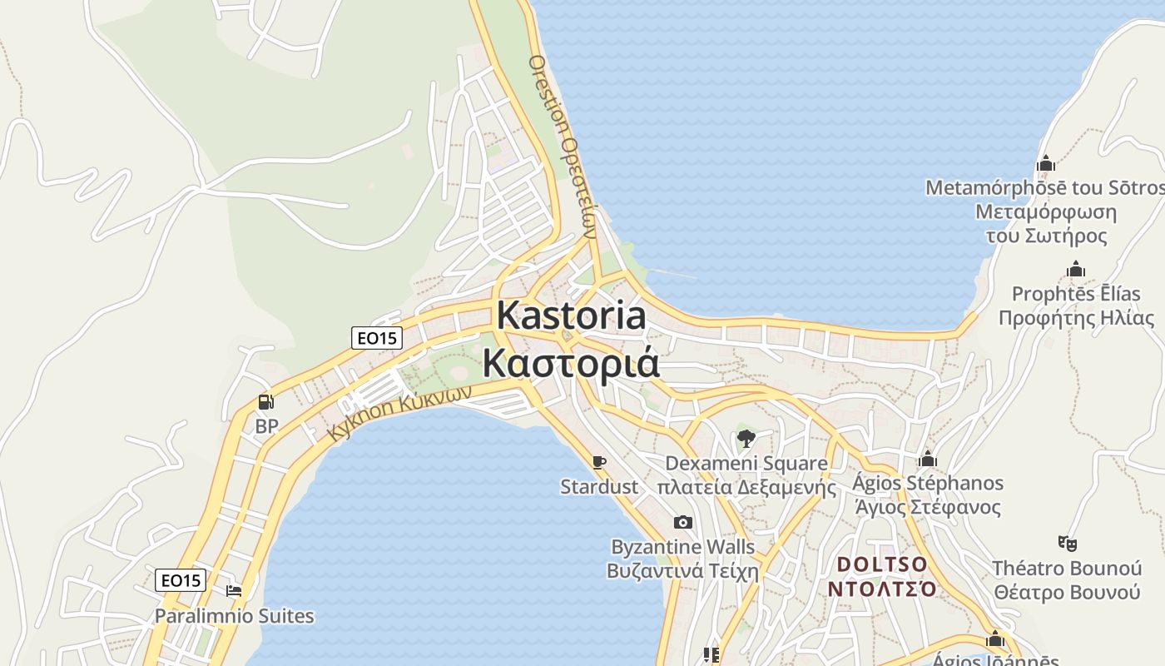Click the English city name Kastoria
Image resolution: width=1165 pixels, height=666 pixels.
[x=571, y=316]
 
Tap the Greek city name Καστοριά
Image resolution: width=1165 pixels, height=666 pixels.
[x=571, y=364]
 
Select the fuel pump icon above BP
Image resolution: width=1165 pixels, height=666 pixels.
[x=266, y=402]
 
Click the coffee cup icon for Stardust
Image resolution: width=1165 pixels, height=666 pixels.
[x=598, y=462]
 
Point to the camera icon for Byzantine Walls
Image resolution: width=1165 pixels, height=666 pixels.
[x=682, y=522]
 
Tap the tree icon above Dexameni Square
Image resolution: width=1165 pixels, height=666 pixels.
[x=746, y=438]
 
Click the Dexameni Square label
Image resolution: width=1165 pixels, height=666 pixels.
[x=746, y=464]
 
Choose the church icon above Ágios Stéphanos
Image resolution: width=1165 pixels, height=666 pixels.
[x=928, y=459]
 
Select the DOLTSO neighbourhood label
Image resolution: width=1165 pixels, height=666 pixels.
[x=881, y=564]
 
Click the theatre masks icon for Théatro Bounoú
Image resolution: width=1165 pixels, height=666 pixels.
[x=1067, y=544]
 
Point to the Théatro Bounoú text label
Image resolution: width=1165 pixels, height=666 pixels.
[x=1067, y=569]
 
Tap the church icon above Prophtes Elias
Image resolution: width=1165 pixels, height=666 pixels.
[x=1076, y=270]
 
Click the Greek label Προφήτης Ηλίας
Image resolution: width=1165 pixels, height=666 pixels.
[x=1076, y=318]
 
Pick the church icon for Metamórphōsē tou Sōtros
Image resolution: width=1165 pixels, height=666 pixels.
[x=1046, y=163]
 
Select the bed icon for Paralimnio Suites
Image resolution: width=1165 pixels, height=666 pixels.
[x=234, y=591]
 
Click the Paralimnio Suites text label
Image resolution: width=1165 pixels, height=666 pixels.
[x=234, y=616]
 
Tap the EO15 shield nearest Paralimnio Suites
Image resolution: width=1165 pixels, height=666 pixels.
[x=181, y=580]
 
